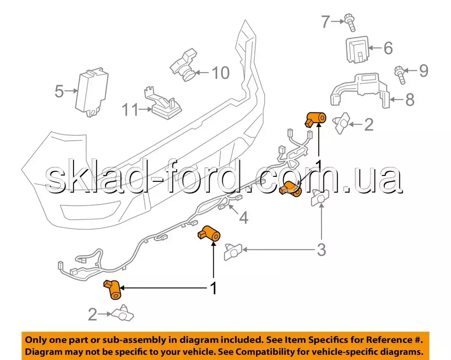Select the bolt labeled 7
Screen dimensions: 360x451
[x=350, y=22]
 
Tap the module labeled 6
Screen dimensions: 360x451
[x=356, y=50]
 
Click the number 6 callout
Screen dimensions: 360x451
[x=388, y=48]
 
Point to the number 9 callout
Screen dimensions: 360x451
[x=423, y=70]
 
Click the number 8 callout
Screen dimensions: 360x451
[x=410, y=99]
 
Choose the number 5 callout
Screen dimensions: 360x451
[x=59, y=91]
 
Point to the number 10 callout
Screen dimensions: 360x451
[x=221, y=72]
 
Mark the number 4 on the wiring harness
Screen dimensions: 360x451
[x=244, y=218]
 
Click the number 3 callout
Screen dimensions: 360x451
[x=321, y=249]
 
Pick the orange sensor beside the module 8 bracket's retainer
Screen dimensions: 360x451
[x=316, y=118]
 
